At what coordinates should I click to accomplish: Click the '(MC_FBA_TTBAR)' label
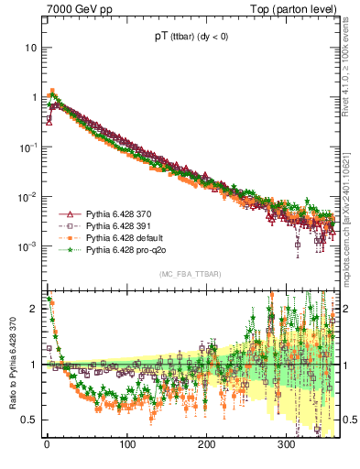click(x=191, y=275)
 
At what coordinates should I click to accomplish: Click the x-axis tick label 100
click(x=126, y=445)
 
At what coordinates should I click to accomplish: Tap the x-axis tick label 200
click(x=206, y=445)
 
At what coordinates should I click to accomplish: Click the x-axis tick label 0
click(x=47, y=445)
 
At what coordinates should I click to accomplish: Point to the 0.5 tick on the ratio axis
click(x=29, y=420)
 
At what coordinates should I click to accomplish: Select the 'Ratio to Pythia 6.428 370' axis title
click(x=11, y=364)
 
